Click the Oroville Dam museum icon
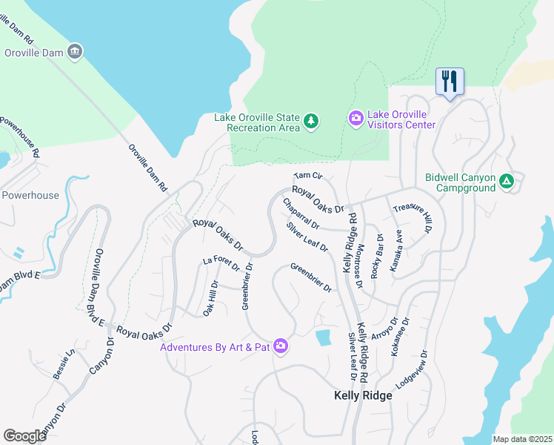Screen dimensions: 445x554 75,51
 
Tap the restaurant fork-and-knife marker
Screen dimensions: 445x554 450,81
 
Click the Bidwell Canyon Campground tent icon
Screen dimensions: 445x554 507,180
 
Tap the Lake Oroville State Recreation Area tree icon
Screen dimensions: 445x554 312,120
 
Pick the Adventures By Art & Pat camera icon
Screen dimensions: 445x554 281,346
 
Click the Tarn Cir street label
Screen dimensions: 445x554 308,177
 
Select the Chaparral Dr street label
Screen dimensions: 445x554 300,213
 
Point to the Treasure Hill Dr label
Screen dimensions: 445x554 413,219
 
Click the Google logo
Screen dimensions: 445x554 25,436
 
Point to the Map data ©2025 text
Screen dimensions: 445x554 522,439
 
